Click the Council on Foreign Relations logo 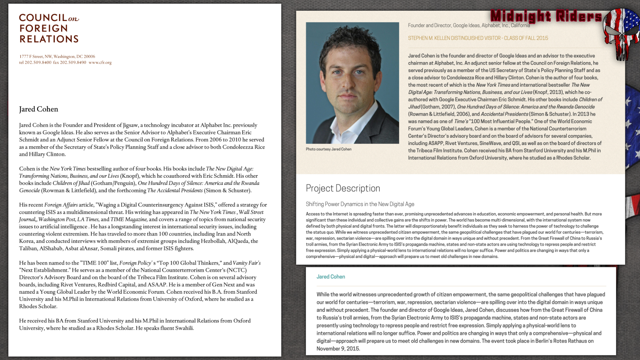pos(49,28)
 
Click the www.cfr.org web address pos(100,62)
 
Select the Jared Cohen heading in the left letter pos(39,109)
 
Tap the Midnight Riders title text pos(546,16)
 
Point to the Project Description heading pos(343,188)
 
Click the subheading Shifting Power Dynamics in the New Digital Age pos(360,204)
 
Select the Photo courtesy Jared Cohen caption pos(329,149)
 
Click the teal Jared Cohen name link pos(331,277)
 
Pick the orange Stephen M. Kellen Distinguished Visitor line pos(478,38)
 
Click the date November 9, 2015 pos(338,349)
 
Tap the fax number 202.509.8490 pos(73,62)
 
